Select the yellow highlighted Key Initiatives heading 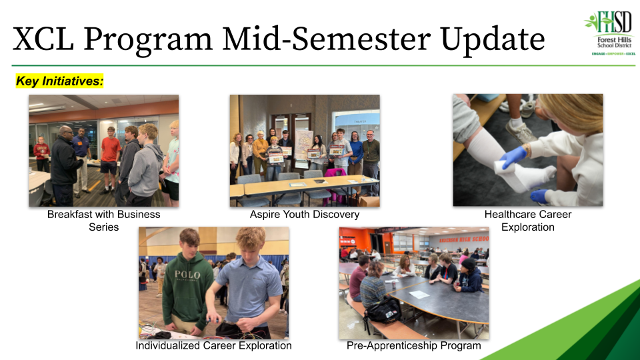(60, 81)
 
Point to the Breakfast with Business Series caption (103, 221)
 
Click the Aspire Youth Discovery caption (305, 215)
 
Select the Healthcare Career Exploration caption (527, 221)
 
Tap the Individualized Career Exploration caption (213, 346)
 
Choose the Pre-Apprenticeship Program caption (413, 346)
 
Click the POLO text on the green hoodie (187, 275)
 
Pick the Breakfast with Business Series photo (103, 150)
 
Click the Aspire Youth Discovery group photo (305, 150)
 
